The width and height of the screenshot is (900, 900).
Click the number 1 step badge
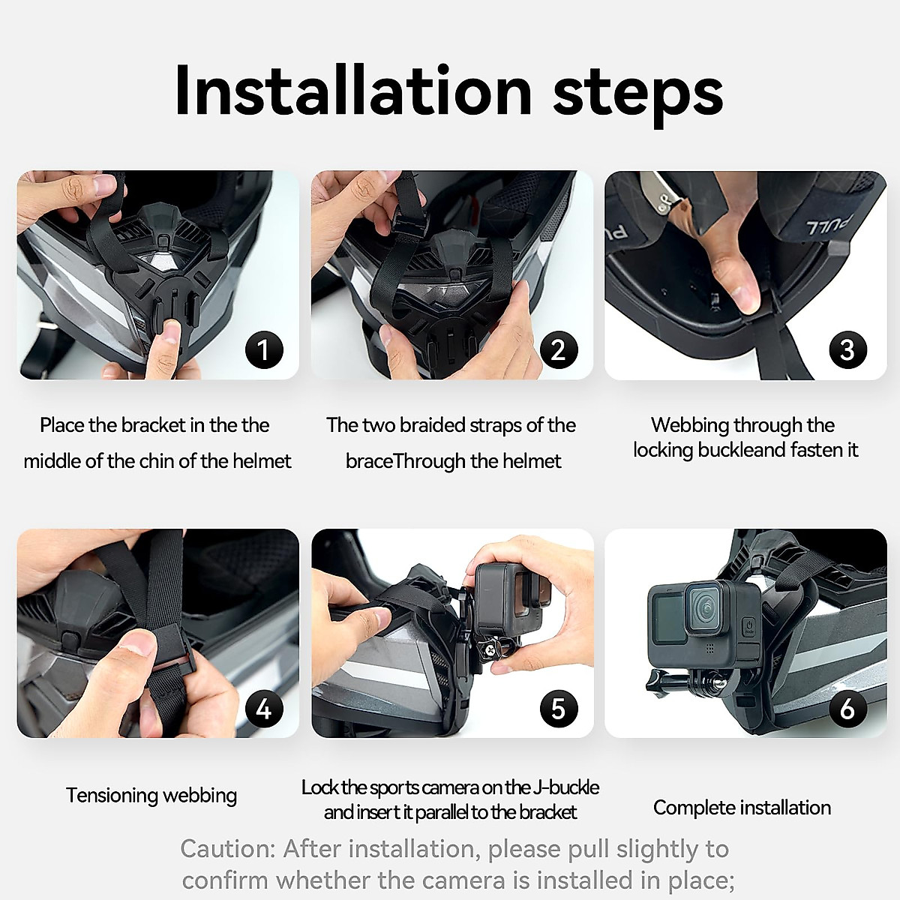point(263,350)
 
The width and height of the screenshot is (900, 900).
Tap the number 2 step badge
point(558,350)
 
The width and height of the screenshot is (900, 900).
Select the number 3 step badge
point(847,350)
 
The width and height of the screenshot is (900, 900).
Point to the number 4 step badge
point(263,709)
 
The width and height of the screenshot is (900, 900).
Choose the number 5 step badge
point(558,709)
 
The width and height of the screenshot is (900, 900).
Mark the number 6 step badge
point(847,709)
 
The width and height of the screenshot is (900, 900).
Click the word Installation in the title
point(352,91)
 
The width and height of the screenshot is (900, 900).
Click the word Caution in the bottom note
point(227,849)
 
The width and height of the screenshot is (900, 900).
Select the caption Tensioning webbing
point(151,795)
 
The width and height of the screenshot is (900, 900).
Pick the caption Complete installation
point(742,808)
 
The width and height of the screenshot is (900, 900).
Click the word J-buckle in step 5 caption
point(566,787)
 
